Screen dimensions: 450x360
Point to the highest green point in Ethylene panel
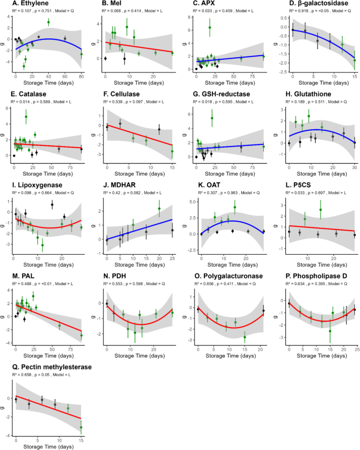click(x=48, y=22)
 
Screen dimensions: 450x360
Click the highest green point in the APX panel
click(x=210, y=27)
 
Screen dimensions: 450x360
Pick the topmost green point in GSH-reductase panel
click(x=212, y=118)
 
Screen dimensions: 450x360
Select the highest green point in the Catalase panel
click(x=26, y=117)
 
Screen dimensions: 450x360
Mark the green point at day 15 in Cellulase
click(x=172, y=151)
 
